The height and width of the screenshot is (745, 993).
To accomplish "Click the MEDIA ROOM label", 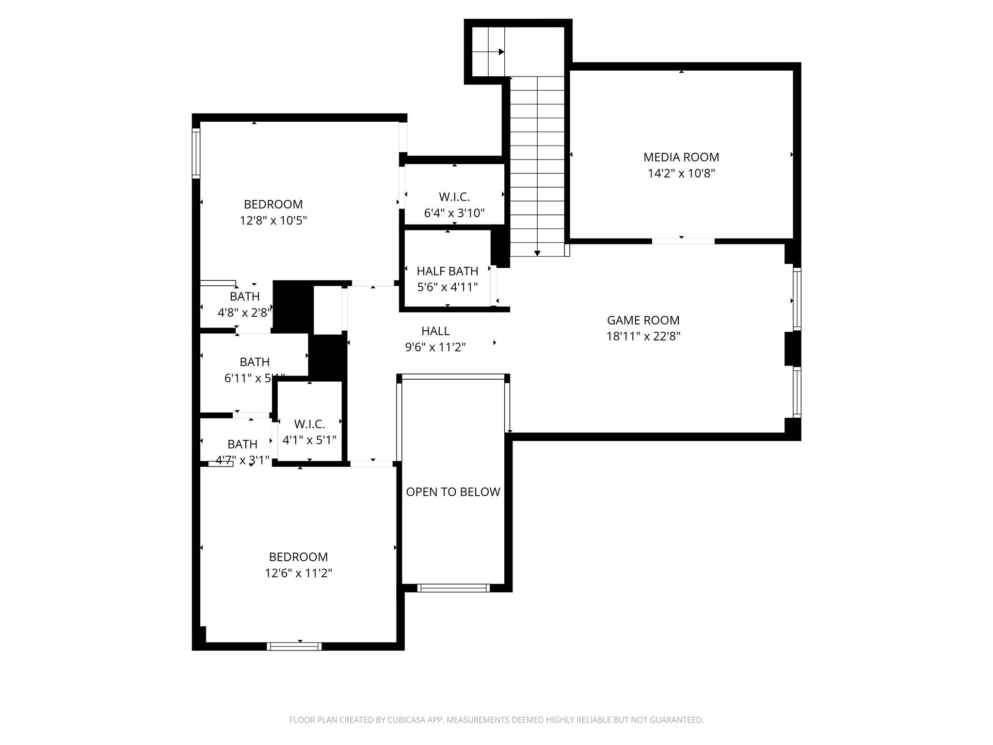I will (x=681, y=157).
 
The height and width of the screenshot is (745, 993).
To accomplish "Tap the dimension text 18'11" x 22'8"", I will (x=643, y=336).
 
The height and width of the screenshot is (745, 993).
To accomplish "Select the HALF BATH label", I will (x=447, y=271).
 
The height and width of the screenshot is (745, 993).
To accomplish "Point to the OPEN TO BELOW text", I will (x=453, y=492).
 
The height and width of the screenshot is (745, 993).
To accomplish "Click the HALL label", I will (x=435, y=331).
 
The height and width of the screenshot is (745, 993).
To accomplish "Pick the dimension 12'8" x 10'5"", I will (x=273, y=221).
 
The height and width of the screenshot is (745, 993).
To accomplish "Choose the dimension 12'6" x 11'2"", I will (x=298, y=573).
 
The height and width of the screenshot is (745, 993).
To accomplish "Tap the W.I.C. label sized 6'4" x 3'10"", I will (x=454, y=197).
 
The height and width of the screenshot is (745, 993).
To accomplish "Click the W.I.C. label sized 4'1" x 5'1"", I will (x=309, y=424).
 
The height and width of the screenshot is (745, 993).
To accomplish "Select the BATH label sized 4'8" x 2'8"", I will (x=244, y=296).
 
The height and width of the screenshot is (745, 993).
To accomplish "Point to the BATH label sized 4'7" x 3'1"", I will (x=242, y=444).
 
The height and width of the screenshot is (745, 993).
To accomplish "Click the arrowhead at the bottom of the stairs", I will (x=537, y=253).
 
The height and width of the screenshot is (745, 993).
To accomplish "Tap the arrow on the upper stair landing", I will (x=501, y=52).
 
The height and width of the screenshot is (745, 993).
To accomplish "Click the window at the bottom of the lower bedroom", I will (x=294, y=646).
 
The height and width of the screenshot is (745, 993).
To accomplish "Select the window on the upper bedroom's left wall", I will (x=196, y=153).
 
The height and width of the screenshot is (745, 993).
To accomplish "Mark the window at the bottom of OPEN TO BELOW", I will (x=453, y=588).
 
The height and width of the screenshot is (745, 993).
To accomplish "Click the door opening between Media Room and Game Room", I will (x=683, y=241).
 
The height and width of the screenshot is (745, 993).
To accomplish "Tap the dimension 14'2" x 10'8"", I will (x=681, y=173).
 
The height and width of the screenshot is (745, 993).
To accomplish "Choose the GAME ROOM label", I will (x=643, y=320).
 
